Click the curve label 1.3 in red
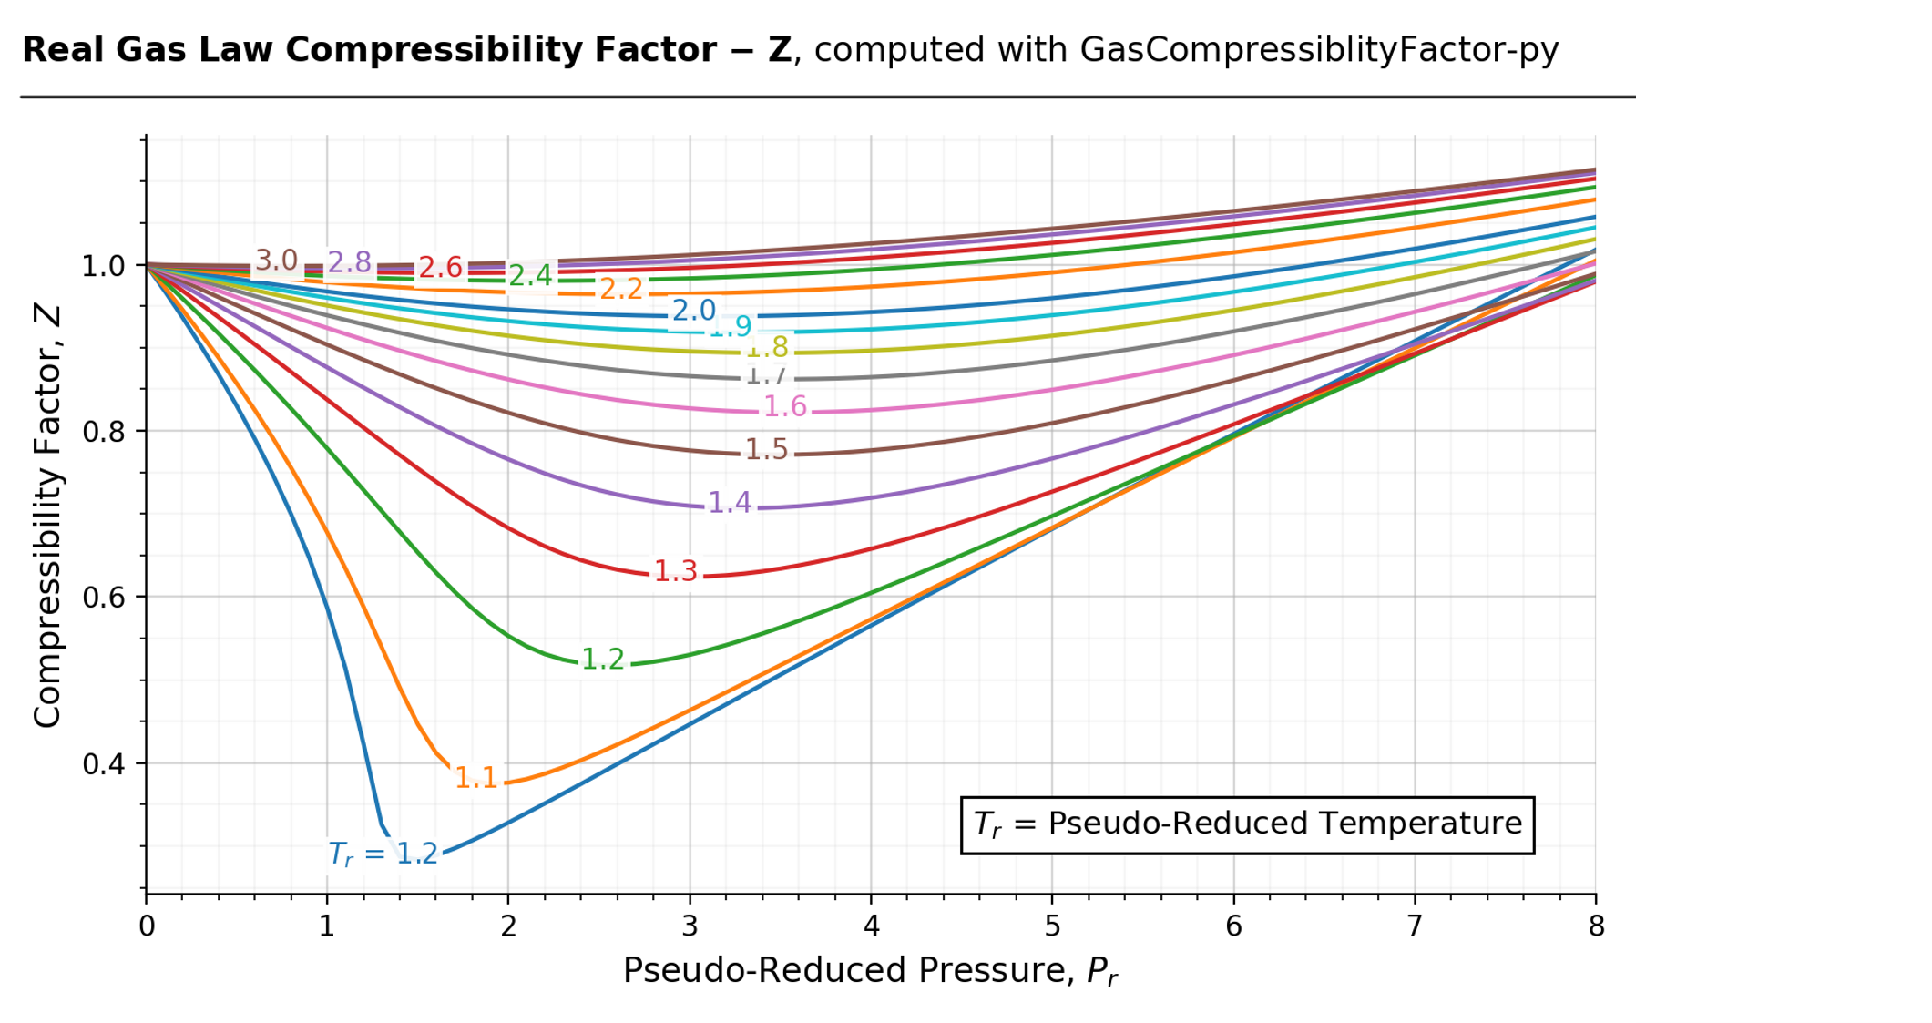(675, 571)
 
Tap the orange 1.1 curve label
(475, 777)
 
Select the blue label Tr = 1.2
(383, 854)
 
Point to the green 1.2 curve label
(602, 659)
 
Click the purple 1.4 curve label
(729, 502)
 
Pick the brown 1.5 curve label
(766, 449)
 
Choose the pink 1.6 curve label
(784, 406)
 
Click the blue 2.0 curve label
(693, 311)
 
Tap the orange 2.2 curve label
(621, 289)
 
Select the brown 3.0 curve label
(276, 261)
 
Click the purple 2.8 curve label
(349, 262)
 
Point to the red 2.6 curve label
(440, 268)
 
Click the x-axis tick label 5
(1052, 926)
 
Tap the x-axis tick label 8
(1595, 926)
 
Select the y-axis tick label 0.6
(104, 598)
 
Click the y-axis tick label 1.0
(104, 267)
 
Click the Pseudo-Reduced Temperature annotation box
(1247, 824)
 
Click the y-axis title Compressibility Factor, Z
(47, 516)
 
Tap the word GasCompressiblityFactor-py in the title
(1318, 50)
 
